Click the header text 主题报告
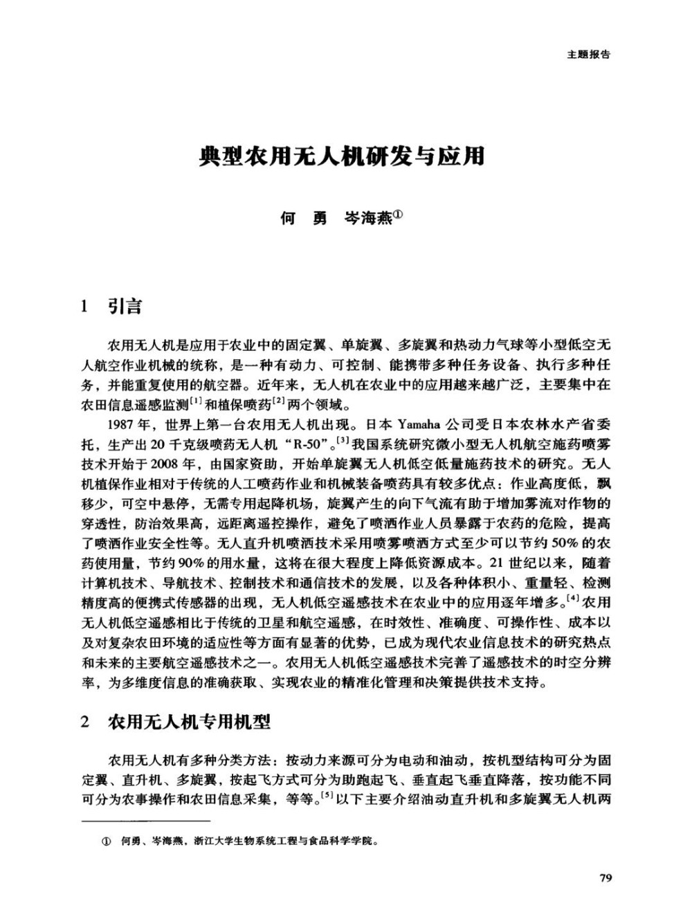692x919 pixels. [588, 55]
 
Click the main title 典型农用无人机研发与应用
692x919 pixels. [341, 156]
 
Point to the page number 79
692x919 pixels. [605, 879]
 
